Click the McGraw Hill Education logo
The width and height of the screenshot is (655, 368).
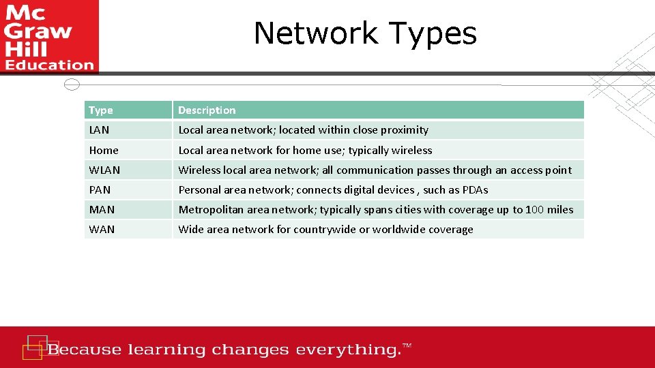[x=49, y=36]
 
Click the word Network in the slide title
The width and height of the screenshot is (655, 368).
[x=315, y=33]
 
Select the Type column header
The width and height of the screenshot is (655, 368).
[x=101, y=110]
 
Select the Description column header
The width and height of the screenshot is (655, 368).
[x=207, y=110]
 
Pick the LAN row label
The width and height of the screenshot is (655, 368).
[x=99, y=130]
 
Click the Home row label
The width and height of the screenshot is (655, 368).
[x=104, y=151]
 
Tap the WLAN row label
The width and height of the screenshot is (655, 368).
[x=104, y=170]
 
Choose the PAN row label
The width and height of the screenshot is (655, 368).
[x=100, y=190]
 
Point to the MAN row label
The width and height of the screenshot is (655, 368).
[x=102, y=210]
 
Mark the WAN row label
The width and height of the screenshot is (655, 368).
[x=102, y=230]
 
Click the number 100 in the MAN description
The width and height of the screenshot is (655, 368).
[x=535, y=210]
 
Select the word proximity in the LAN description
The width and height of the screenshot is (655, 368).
[x=405, y=130]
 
